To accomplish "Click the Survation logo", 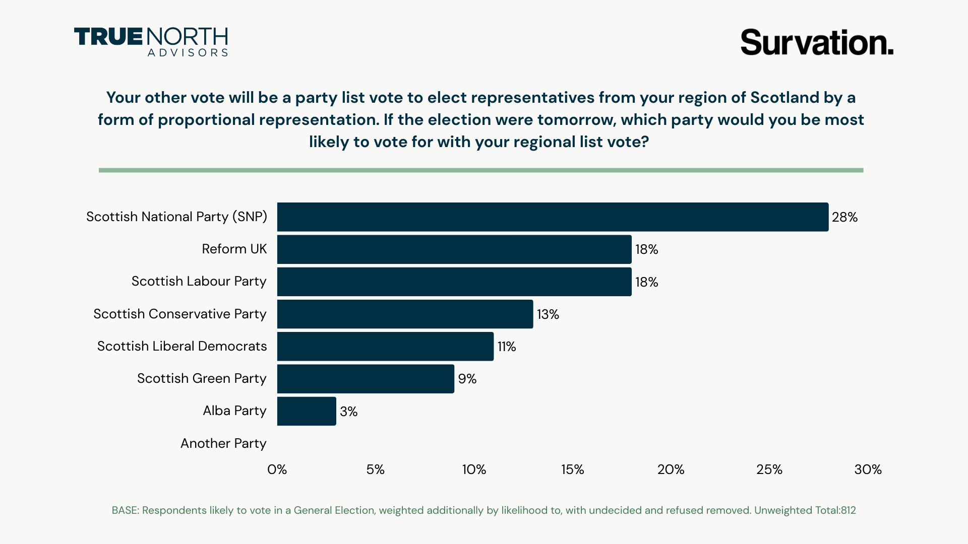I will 817,42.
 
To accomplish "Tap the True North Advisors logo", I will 151,42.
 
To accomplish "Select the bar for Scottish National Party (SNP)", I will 553,217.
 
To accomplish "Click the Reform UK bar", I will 454,249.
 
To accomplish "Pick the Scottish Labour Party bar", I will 454,282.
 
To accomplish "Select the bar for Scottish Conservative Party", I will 405,314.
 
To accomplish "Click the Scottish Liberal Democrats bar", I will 385,347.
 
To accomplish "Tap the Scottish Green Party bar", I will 366,379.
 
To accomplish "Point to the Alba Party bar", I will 307,412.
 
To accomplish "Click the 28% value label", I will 844,217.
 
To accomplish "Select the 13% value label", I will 548,314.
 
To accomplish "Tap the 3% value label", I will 348,412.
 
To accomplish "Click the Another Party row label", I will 223,443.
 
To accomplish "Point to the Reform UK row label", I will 234,249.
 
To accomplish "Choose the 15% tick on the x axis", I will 572,469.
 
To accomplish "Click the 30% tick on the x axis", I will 868,469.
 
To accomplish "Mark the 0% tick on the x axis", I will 277,469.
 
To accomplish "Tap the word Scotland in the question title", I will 784,97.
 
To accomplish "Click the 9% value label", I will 467,379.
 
